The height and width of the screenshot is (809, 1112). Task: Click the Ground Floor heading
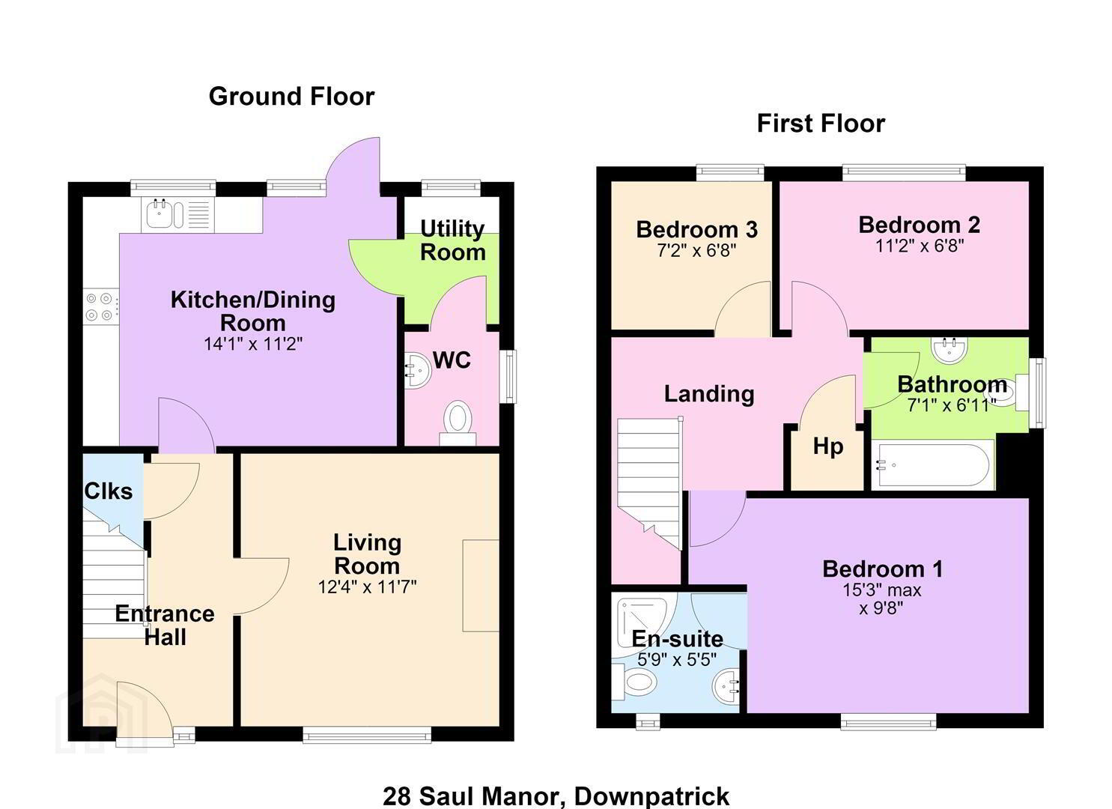(x=291, y=97)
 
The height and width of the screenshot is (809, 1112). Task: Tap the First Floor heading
(x=821, y=124)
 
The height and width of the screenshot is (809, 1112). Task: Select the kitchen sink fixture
(x=177, y=214)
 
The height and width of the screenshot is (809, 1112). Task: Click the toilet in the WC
(x=458, y=422)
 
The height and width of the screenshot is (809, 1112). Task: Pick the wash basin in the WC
(x=416, y=371)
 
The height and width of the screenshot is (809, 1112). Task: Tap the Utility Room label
(x=453, y=241)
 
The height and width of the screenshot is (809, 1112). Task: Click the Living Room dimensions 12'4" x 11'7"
(x=368, y=587)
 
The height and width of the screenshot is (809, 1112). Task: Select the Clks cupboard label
(x=109, y=491)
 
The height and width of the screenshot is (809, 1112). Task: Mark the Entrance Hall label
(x=165, y=625)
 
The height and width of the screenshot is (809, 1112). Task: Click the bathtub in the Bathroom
(x=933, y=465)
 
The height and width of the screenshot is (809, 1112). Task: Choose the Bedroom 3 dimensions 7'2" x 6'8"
(x=697, y=251)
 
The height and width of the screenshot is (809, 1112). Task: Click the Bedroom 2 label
(x=920, y=225)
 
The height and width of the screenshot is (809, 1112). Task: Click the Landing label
(x=709, y=394)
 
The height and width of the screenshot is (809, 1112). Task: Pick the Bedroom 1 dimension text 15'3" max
(x=882, y=590)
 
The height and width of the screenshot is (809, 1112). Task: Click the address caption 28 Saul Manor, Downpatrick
(x=556, y=796)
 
